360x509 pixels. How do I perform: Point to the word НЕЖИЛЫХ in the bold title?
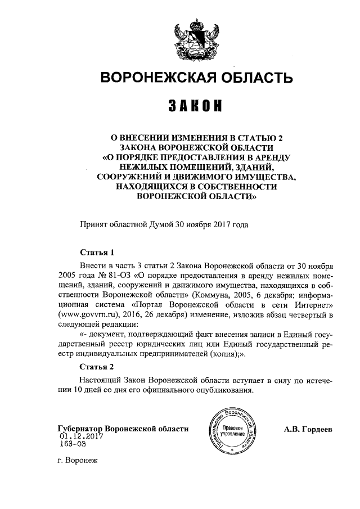(x=142, y=168)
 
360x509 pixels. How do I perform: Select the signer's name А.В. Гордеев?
(x=309, y=429)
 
